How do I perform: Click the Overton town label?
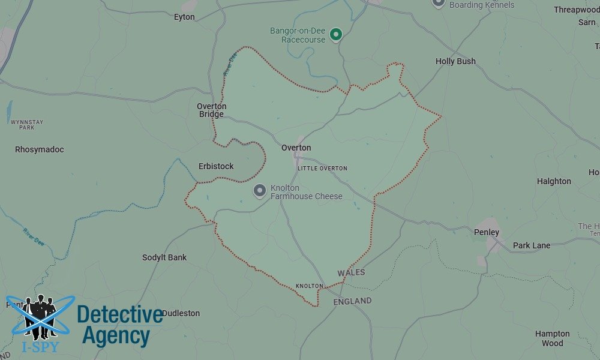(x=296, y=148)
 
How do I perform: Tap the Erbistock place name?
(x=216, y=166)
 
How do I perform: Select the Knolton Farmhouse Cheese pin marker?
(x=260, y=191)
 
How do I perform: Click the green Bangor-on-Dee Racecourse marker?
(x=337, y=34)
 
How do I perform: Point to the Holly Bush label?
(x=455, y=61)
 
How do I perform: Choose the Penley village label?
(x=487, y=232)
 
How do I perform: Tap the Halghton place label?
(x=554, y=181)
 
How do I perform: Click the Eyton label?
(x=184, y=17)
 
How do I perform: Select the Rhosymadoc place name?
(x=40, y=149)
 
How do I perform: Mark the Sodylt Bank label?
(x=164, y=257)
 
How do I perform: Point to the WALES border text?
(x=351, y=273)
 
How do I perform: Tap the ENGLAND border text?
(x=352, y=301)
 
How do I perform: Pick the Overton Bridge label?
(x=212, y=110)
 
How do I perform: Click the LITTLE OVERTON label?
(x=322, y=169)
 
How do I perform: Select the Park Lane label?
(x=532, y=245)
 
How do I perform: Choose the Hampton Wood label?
(x=553, y=338)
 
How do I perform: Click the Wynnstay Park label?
(x=27, y=125)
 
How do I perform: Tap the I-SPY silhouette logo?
(x=40, y=318)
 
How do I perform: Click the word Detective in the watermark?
(x=119, y=315)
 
